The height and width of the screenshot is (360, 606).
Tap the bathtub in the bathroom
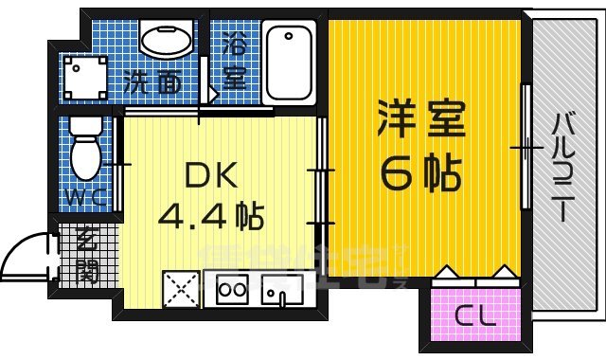[289, 63]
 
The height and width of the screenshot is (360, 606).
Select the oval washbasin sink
[167, 41]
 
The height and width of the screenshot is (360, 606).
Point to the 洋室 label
[422, 120]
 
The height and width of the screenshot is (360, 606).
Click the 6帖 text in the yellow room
[420, 171]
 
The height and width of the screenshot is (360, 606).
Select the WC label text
[86, 200]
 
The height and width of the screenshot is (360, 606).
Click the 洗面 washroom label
[155, 83]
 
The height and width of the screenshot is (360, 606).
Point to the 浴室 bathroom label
[234, 60]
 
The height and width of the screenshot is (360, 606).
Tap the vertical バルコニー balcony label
[565, 167]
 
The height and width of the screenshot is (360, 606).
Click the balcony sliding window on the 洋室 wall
[525, 147]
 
